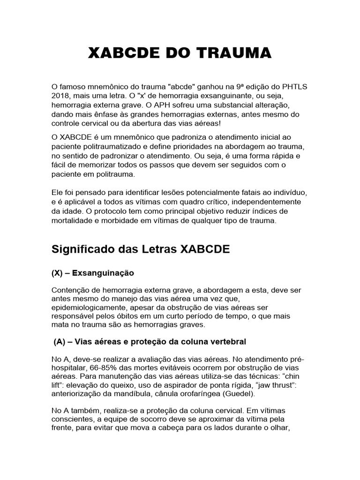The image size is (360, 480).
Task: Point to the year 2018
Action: click(61, 96)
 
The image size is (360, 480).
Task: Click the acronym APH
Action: click(196, 105)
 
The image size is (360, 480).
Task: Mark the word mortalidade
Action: click(74, 221)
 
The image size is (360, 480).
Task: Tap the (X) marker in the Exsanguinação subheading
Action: click(58, 272)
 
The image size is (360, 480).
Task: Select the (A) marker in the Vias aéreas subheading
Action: click(60, 341)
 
